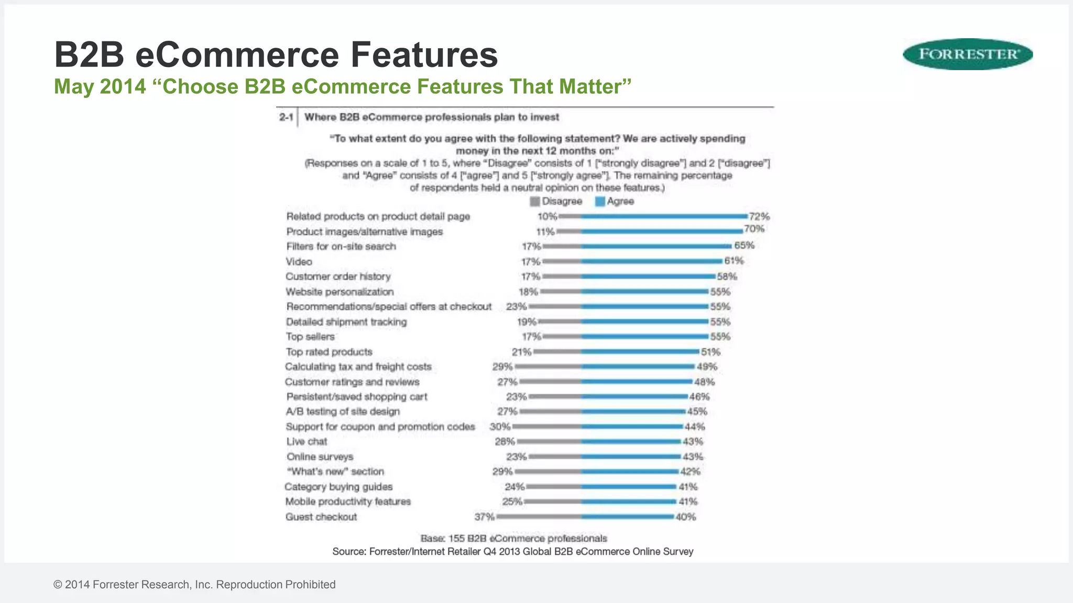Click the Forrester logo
pyautogui.click(x=968, y=54)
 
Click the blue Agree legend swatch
pyautogui.click(x=600, y=202)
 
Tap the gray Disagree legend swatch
pyautogui.click(x=534, y=202)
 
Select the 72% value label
pyautogui.click(x=759, y=216)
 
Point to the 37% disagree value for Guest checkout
pyautogui.click(x=484, y=517)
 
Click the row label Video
pyautogui.click(x=299, y=262)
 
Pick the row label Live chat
pyautogui.click(x=306, y=442)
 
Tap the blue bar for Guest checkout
pyautogui.click(x=627, y=517)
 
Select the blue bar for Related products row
pyautogui.click(x=664, y=216)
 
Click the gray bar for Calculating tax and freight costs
pyautogui.click(x=548, y=366)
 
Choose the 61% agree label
pyautogui.click(x=733, y=261)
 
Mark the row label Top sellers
pyautogui.click(x=310, y=337)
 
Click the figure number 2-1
pyautogui.click(x=286, y=117)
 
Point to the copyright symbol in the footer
pyautogui.click(x=58, y=585)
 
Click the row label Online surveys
pyautogui.click(x=320, y=456)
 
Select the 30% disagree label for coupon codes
pyautogui.click(x=500, y=427)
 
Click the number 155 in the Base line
pyautogui.click(x=456, y=538)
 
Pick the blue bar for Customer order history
pyautogui.click(x=648, y=276)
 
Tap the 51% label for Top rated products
pyautogui.click(x=710, y=352)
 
